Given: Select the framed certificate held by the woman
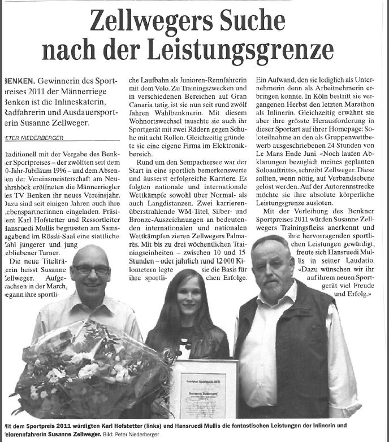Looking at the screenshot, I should [x=204, y=390].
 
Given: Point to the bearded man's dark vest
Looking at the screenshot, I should [x=286, y=350].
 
